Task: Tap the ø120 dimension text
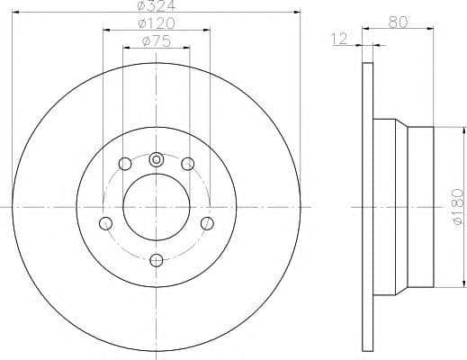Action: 157,23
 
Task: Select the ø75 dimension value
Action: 157,41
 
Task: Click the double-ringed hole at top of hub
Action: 156,159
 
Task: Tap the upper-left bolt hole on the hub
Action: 124,164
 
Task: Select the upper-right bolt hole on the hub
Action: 187,164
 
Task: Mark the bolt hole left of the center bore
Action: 105,223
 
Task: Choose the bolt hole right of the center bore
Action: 207,223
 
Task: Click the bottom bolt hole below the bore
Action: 156,260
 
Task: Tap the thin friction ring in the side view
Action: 367,206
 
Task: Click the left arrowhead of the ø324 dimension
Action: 18,12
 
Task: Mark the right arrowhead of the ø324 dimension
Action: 295,12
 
